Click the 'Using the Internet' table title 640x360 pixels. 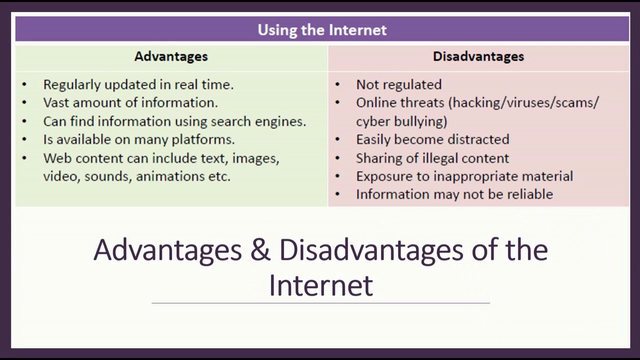(322, 30)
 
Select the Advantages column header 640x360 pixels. (171, 56)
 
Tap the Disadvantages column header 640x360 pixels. (478, 56)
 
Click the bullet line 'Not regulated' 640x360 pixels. (398, 84)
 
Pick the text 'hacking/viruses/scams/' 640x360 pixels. (524, 103)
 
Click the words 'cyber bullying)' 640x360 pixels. (401, 121)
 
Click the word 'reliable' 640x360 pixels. (530, 194)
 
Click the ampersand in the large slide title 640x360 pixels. (260, 250)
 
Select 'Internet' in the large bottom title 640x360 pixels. (320, 285)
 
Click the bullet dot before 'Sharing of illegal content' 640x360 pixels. (337, 158)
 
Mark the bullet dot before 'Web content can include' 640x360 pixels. (24, 158)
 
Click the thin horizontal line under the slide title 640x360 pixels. (320, 303)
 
